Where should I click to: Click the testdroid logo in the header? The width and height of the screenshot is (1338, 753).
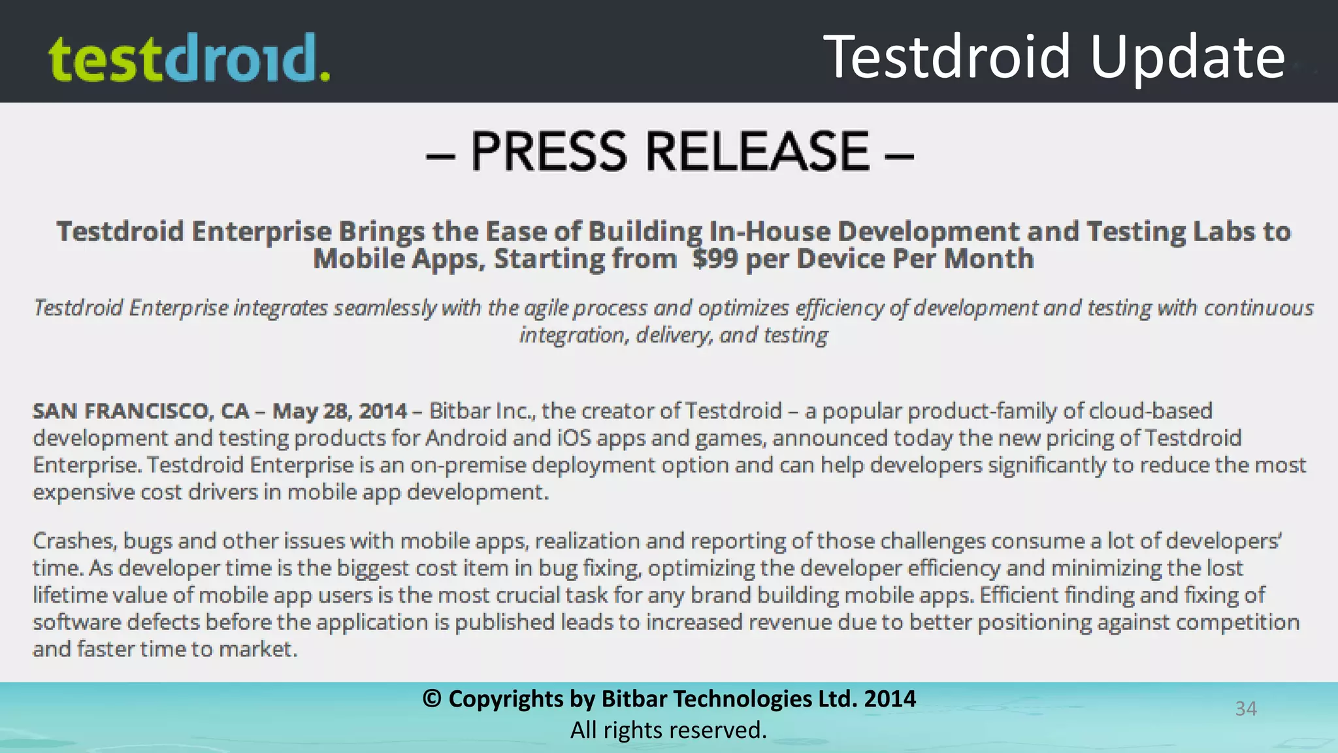click(x=189, y=58)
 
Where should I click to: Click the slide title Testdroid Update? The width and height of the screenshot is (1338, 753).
click(x=1054, y=57)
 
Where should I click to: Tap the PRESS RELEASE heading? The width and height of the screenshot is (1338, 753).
click(x=670, y=152)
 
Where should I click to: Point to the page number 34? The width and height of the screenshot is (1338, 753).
click(x=1246, y=709)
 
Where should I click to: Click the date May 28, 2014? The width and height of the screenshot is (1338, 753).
click(x=339, y=411)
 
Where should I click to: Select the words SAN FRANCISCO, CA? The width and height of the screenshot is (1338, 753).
click(x=141, y=411)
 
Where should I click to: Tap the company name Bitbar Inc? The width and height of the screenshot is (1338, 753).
click(x=481, y=411)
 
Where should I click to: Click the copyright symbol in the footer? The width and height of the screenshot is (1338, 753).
click(x=432, y=699)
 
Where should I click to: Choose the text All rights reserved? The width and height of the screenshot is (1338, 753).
click(x=668, y=730)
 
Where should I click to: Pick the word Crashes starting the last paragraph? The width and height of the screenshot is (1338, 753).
click(x=74, y=541)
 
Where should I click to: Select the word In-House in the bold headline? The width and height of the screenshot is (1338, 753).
click(x=769, y=232)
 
